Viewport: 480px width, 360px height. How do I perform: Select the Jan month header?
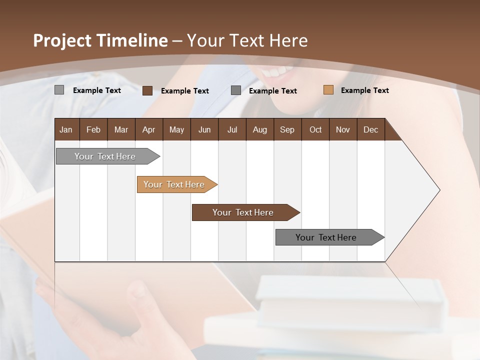point(66,130)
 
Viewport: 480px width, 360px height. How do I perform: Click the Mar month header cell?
point(121,130)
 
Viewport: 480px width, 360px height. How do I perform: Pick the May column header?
point(176,130)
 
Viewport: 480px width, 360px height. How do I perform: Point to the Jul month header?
point(232,130)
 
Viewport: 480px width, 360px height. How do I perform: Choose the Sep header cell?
point(287,130)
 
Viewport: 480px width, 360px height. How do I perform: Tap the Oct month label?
point(315,130)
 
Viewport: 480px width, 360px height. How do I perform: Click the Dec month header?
point(370,130)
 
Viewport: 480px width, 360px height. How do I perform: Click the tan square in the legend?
point(328,90)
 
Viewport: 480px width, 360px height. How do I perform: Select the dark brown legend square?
point(147,90)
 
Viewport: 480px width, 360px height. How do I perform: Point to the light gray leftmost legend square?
point(59,90)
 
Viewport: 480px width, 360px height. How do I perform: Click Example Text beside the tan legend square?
point(364,90)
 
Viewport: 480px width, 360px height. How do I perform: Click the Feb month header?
point(93,130)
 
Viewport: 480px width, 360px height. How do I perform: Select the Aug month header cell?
point(259,130)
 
